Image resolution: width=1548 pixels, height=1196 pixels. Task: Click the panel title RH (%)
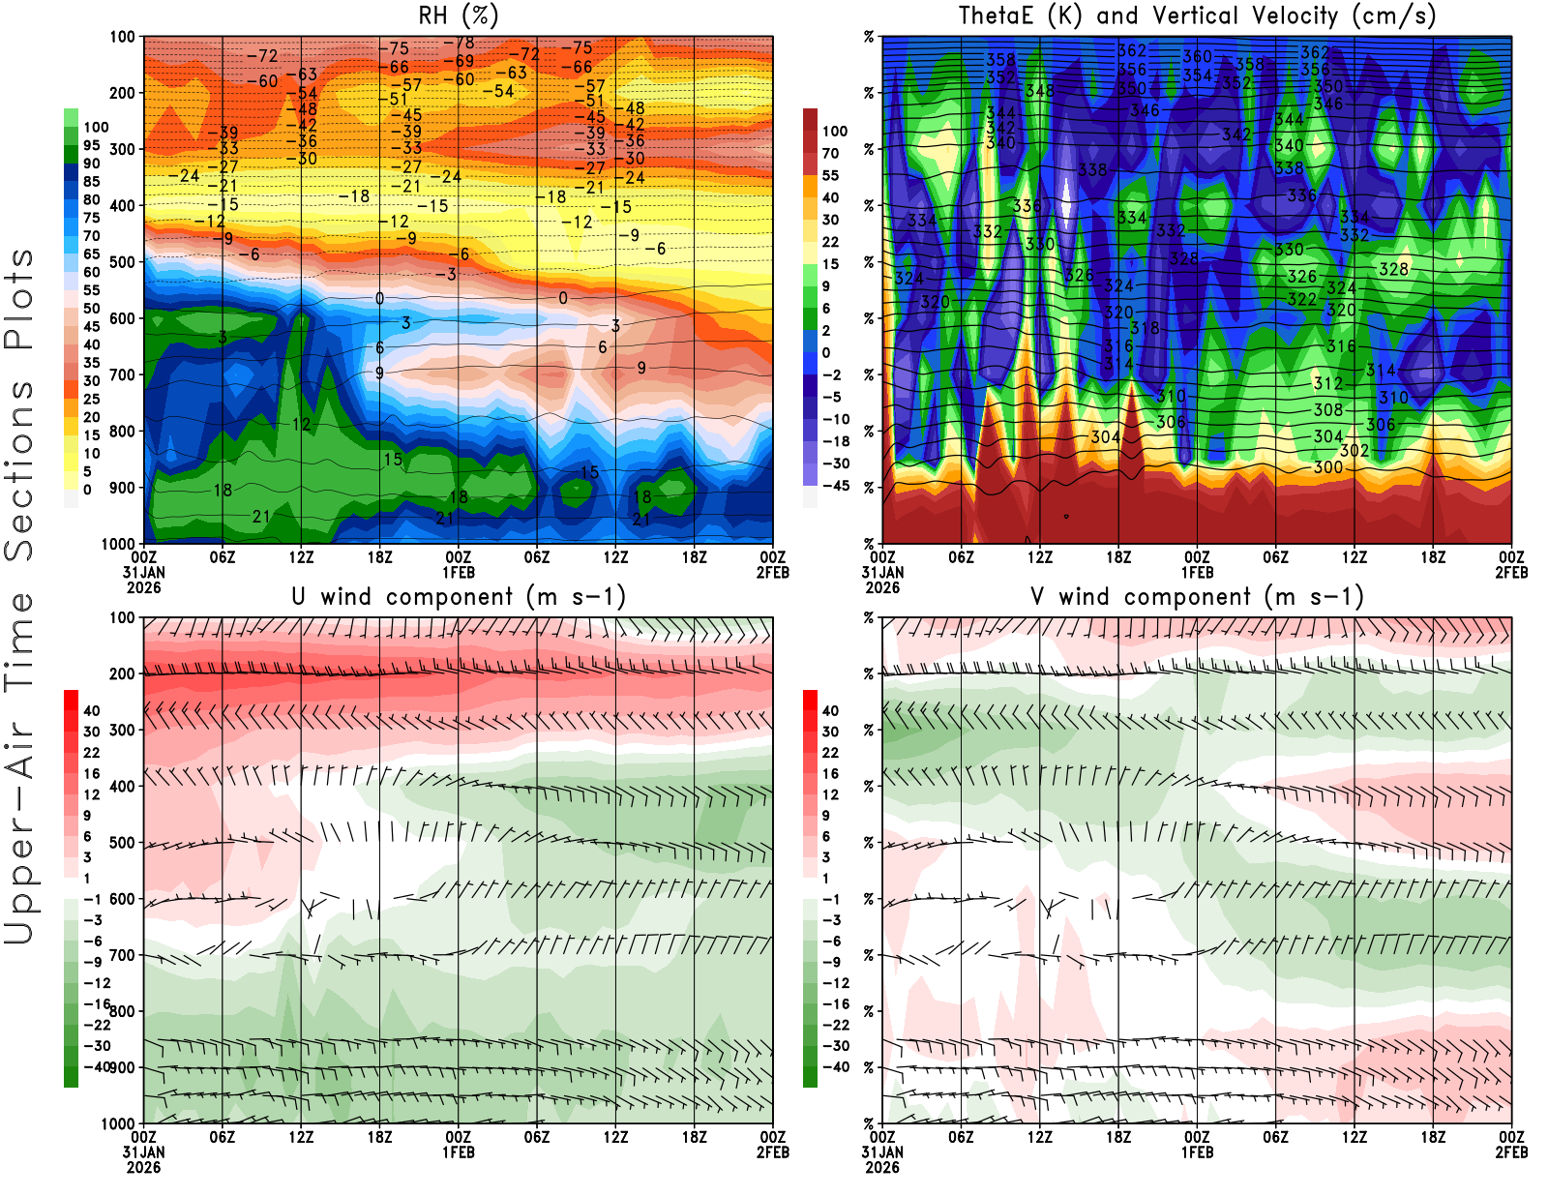(459, 15)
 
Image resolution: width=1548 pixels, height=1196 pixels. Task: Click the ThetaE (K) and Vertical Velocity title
(1197, 15)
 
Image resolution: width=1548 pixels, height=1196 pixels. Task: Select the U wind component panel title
(459, 596)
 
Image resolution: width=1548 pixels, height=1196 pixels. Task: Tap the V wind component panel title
(1197, 596)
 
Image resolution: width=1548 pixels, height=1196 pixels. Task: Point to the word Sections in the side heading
(19, 469)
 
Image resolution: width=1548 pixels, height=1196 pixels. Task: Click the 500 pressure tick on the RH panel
(122, 262)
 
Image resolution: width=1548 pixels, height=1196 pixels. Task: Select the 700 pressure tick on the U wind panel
(122, 955)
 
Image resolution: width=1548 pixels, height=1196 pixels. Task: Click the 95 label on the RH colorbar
(91, 145)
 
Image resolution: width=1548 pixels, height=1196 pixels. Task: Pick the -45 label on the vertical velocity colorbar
(835, 486)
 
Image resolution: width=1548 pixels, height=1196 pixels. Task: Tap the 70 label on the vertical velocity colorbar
(830, 153)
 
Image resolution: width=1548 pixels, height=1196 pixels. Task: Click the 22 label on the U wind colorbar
(91, 753)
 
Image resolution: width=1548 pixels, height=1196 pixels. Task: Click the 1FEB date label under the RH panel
(459, 572)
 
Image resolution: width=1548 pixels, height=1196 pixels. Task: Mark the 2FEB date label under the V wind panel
(1511, 1152)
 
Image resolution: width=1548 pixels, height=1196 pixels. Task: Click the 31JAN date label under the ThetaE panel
(882, 572)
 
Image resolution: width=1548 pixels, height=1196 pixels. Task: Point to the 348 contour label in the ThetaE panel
(1040, 91)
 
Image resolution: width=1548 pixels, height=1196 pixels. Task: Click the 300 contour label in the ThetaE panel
(1328, 467)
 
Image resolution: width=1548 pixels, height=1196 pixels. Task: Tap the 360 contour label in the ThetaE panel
(1197, 57)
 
